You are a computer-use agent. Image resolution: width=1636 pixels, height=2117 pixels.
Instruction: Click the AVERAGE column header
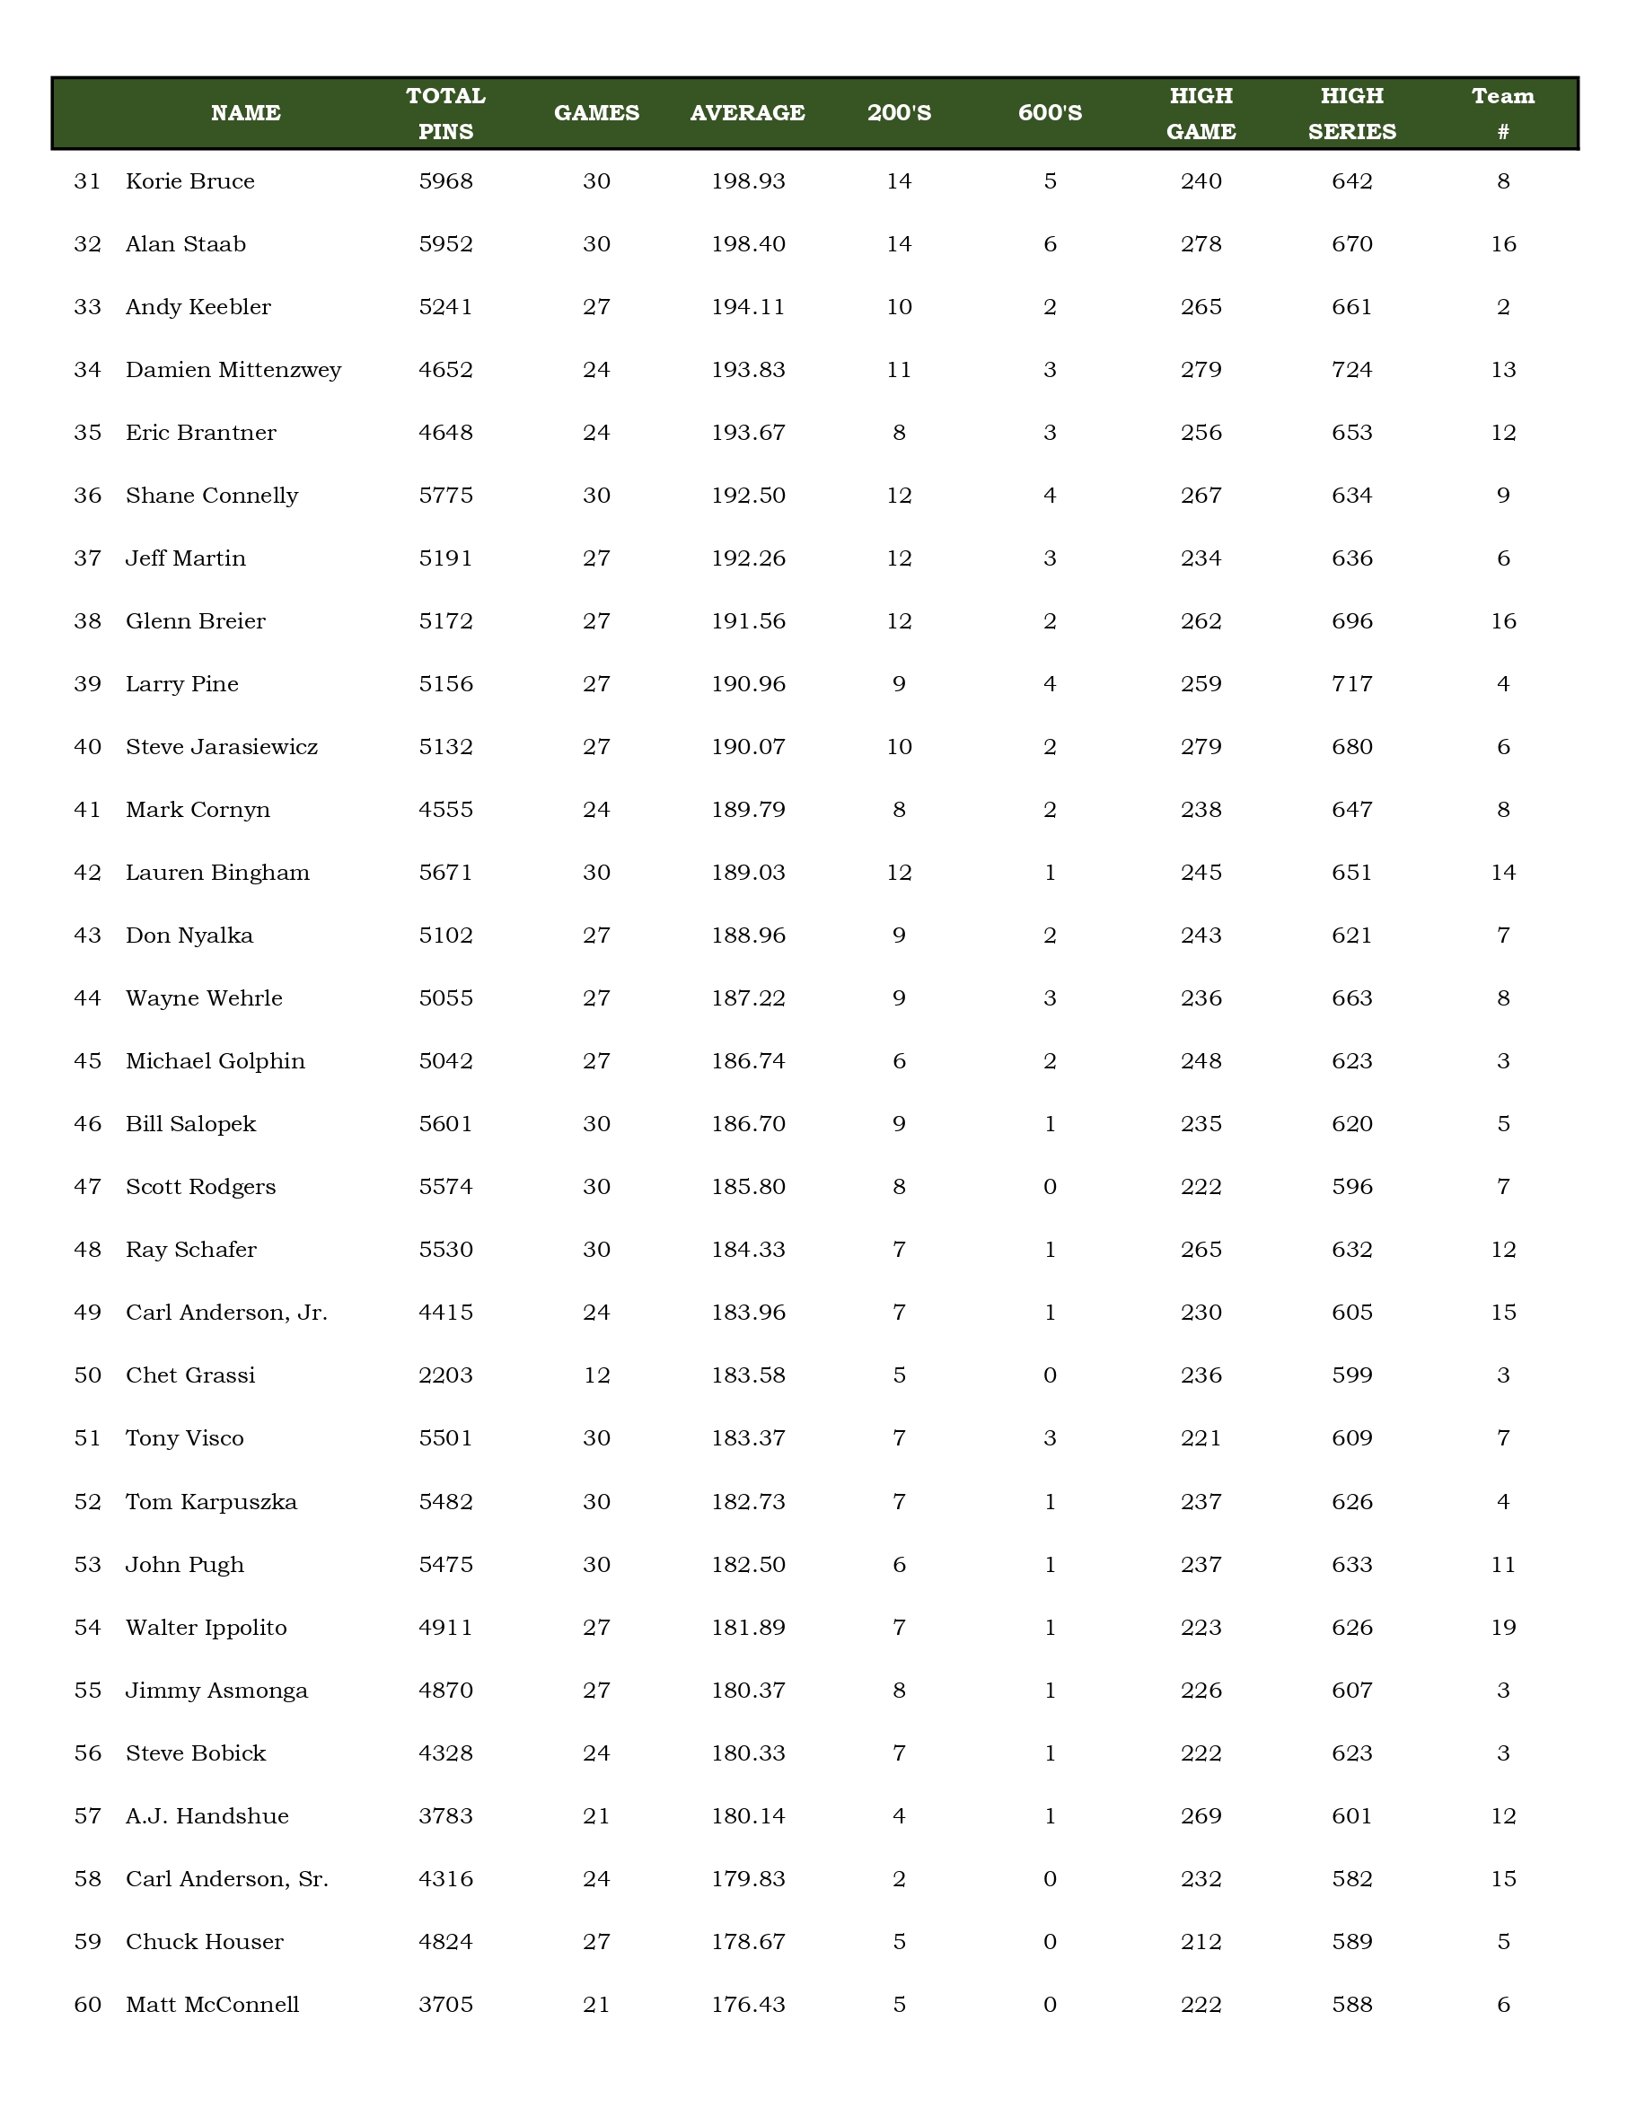[x=747, y=113]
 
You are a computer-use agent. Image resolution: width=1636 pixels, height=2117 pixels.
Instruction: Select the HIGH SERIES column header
[x=1351, y=113]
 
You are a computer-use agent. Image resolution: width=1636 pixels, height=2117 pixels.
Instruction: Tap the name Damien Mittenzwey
[x=233, y=370]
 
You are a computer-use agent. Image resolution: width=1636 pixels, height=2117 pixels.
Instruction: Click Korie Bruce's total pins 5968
[x=446, y=182]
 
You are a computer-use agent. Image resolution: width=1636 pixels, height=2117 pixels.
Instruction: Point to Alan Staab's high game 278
[x=1201, y=244]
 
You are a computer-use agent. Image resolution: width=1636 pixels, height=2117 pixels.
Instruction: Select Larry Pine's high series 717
[x=1351, y=684]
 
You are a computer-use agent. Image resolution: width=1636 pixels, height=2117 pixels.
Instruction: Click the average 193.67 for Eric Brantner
[x=747, y=434]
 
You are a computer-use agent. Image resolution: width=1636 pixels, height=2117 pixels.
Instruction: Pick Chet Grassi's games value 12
[x=596, y=1375]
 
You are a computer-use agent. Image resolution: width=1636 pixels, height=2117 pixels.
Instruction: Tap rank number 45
[x=87, y=1061]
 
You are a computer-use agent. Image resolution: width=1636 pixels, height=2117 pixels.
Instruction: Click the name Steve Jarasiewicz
[x=222, y=747]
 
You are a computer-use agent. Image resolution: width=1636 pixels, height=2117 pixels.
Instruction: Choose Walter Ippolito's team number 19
[x=1502, y=1628]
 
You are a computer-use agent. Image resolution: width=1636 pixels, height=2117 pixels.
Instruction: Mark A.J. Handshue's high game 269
[x=1201, y=1815]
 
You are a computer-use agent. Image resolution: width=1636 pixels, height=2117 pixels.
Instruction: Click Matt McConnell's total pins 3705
[x=446, y=2005]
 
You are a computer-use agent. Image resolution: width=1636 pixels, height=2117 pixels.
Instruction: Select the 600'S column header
[x=1050, y=113]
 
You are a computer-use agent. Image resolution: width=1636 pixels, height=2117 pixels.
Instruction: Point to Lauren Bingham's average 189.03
[x=747, y=873]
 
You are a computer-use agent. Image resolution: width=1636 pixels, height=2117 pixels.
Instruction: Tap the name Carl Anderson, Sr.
[x=227, y=1878]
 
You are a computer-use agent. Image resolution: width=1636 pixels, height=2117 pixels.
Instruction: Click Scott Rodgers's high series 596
[x=1351, y=1188]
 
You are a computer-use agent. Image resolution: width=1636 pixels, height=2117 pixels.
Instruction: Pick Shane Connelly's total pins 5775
[x=446, y=496]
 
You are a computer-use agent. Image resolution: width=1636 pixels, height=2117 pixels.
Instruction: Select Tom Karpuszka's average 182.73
[x=747, y=1501]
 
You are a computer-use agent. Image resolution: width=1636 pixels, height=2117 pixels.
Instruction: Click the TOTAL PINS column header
[x=446, y=113]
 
